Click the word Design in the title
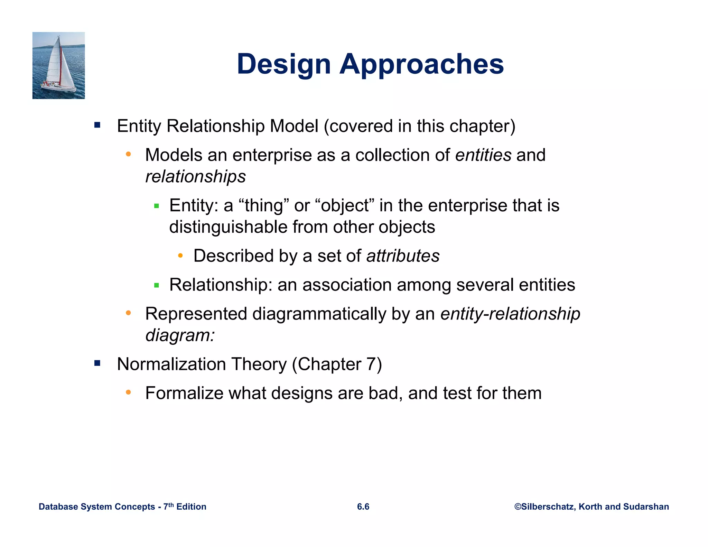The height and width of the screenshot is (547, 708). coord(284,64)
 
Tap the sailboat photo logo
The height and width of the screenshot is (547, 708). coord(58,65)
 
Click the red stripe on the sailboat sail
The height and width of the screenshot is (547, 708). coord(61,66)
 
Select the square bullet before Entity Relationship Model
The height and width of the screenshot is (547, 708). coord(97,125)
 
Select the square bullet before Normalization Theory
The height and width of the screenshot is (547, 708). coord(97,363)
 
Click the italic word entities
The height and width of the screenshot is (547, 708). coord(483,155)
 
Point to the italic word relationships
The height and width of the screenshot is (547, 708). coord(195,177)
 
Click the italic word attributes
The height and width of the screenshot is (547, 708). coord(403,256)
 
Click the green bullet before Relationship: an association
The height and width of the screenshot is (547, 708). coord(157,285)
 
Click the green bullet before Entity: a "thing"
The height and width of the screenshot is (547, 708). coord(157,206)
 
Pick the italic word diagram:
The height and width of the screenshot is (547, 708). coord(180,335)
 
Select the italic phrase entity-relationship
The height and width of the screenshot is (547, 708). coord(510,314)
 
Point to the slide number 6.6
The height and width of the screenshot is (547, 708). coord(363,507)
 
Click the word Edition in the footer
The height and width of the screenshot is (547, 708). coord(191,507)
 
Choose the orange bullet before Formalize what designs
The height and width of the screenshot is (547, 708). coord(128,392)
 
